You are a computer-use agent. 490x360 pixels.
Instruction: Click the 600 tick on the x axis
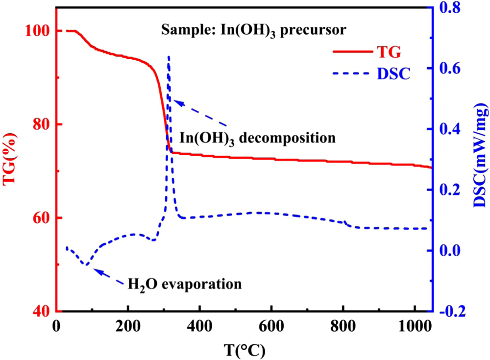coord(270,326)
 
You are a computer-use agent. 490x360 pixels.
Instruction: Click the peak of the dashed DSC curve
coord(169,56)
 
